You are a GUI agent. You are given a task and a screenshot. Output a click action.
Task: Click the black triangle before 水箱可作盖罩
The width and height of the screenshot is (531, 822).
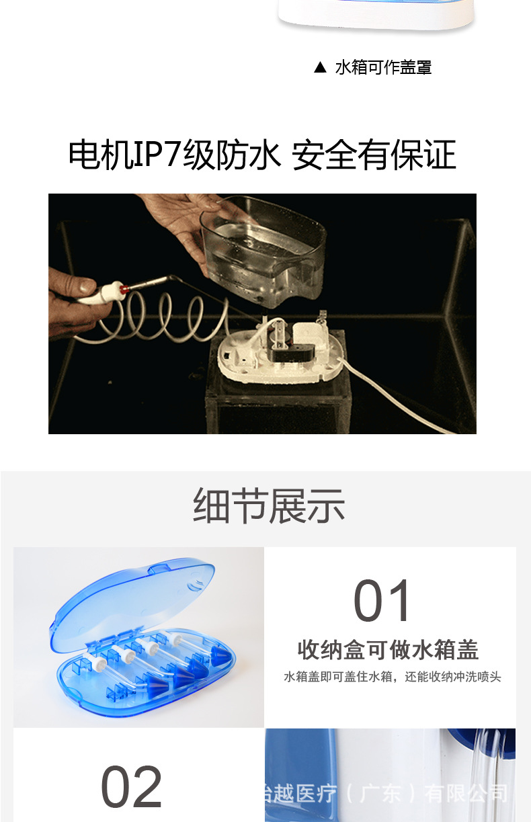(320, 67)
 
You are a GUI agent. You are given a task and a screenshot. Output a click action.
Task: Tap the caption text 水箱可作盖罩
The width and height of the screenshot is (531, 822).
(383, 67)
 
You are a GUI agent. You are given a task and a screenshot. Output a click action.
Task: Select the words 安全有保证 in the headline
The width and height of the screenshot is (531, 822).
(374, 155)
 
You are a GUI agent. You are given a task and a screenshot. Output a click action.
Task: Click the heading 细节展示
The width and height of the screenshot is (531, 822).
(269, 505)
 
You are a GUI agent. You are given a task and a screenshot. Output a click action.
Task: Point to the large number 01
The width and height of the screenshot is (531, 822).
(382, 601)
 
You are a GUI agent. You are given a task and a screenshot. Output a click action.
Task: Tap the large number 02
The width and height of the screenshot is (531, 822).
(132, 786)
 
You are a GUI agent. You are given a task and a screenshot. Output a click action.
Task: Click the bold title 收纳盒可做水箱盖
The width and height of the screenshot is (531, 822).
(388, 650)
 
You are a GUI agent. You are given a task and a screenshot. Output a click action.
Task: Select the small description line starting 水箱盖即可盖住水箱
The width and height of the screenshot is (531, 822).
(392, 677)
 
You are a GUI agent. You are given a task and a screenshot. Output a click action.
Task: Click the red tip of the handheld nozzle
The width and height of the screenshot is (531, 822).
(124, 289)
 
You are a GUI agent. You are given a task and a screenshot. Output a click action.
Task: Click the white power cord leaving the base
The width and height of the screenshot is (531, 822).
(403, 397)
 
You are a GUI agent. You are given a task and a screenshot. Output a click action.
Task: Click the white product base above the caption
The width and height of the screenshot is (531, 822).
(376, 20)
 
